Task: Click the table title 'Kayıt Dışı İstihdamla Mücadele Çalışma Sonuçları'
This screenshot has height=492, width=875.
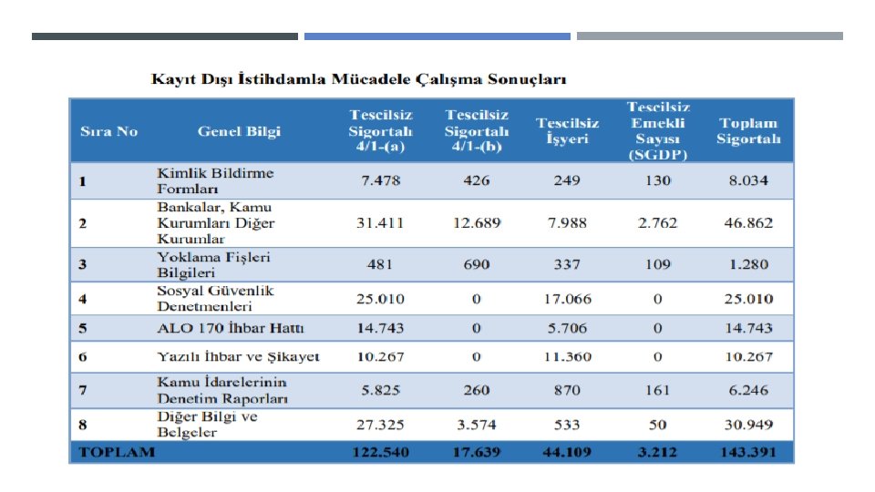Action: (358, 79)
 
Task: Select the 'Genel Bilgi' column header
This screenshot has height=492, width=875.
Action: (239, 131)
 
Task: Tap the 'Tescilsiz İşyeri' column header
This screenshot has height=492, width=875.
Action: (567, 131)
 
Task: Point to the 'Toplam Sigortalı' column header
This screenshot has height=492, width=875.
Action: (748, 131)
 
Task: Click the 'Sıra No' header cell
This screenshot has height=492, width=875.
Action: (108, 131)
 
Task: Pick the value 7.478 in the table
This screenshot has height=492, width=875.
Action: (381, 180)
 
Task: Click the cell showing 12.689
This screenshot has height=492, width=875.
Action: (476, 222)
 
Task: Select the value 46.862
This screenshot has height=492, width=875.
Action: (748, 222)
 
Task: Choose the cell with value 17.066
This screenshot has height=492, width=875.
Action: (567, 298)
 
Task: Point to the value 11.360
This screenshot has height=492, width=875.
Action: (567, 357)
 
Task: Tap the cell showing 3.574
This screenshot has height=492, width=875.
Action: (476, 424)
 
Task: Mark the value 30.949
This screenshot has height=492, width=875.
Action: (748, 424)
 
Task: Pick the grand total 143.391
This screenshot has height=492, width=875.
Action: (748, 453)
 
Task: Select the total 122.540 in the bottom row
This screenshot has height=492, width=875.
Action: (381, 453)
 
